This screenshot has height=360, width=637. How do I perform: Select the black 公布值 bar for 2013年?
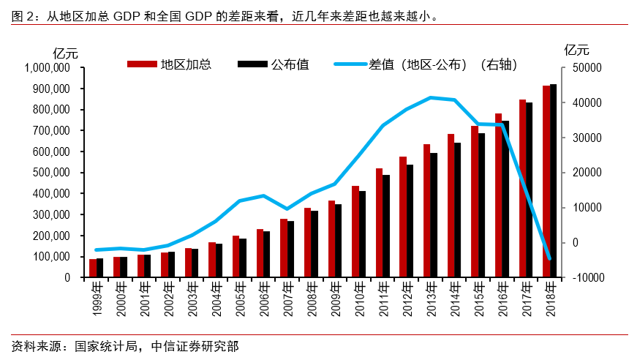(434, 215)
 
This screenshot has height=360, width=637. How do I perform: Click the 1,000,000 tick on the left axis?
(47, 68)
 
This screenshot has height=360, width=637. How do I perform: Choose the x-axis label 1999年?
(97, 300)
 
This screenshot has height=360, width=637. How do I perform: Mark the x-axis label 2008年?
(311, 300)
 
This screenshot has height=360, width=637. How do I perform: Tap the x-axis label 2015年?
(478, 300)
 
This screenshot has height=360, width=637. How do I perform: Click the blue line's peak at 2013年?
(430, 97)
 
